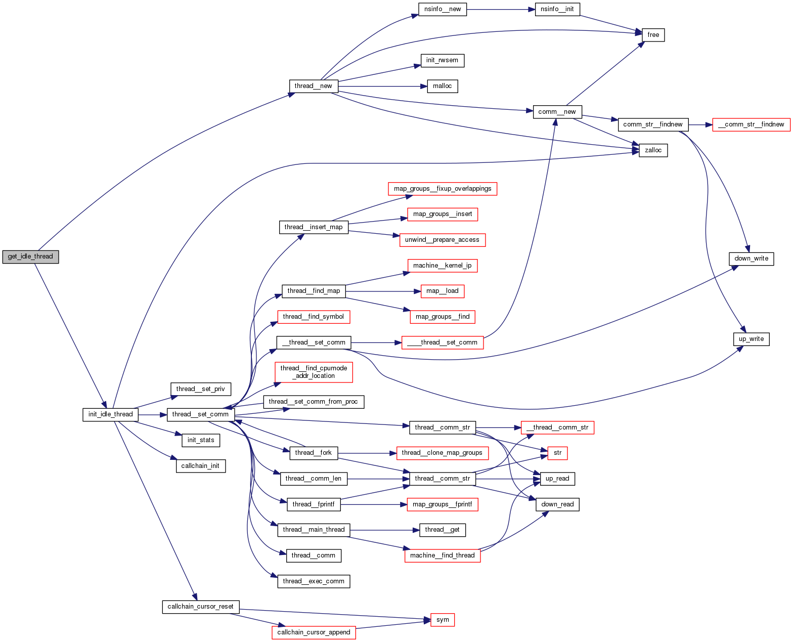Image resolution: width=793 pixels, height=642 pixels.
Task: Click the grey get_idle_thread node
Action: pos(30,256)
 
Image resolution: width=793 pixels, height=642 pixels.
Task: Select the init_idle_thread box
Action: pos(110,414)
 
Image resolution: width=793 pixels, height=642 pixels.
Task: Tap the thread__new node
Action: pos(313,86)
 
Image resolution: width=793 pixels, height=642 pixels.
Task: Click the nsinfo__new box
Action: pos(443,9)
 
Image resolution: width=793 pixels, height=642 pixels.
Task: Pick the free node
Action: pos(653,35)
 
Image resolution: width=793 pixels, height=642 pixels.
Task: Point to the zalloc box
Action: pos(653,150)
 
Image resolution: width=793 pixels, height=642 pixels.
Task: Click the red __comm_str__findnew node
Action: pos(751,124)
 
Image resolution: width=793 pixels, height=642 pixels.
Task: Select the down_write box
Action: pos(751,259)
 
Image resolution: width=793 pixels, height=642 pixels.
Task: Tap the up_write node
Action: pos(751,339)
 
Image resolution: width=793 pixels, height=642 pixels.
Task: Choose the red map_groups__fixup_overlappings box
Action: pos(443,189)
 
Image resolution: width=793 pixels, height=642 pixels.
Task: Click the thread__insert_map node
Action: pos(314,227)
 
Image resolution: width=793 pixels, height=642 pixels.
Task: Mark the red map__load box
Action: pos(443,291)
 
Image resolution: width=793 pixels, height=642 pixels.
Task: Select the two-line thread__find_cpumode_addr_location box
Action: pos(314,372)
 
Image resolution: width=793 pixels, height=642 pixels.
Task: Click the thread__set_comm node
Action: pos(200,414)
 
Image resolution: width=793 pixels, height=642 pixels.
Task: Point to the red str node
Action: pos(557,453)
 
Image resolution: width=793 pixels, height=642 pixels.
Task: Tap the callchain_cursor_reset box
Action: pos(200,607)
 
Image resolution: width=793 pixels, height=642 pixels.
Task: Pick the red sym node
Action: pos(443,620)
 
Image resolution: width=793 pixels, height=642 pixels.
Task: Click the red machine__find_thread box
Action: pos(443,555)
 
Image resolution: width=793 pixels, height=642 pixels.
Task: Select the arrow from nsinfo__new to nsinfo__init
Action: pos(501,9)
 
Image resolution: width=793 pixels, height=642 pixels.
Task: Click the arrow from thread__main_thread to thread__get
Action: pos(384,530)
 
